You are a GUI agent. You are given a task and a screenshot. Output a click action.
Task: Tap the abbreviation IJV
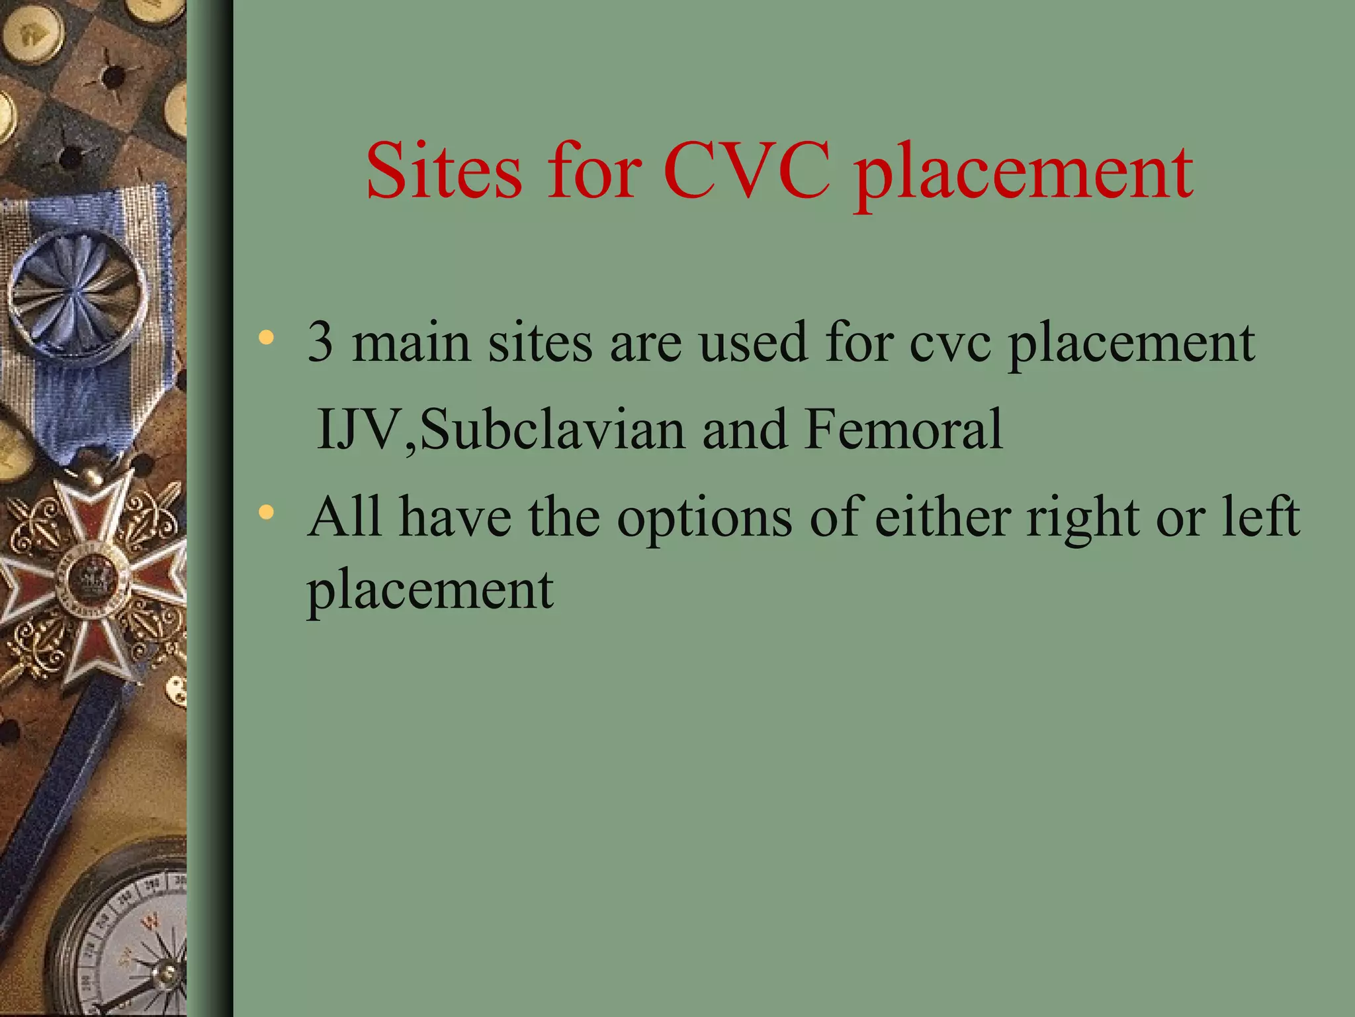(358, 429)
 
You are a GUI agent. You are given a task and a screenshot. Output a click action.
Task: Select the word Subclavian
(552, 429)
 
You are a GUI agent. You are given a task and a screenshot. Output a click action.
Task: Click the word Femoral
(903, 429)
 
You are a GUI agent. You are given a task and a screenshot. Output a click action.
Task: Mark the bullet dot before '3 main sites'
(266, 338)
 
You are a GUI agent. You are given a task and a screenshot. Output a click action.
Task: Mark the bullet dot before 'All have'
(266, 512)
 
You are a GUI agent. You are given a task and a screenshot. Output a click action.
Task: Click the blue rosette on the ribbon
(78, 292)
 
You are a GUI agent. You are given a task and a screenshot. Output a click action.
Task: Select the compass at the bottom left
(126, 940)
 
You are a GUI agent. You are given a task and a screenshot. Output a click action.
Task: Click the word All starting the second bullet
(345, 516)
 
